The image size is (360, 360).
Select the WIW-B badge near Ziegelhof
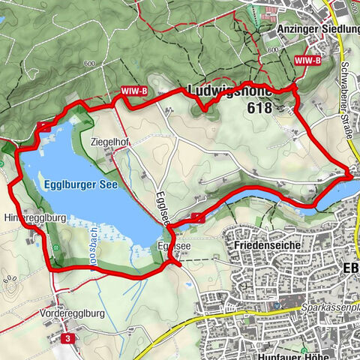click(133, 91)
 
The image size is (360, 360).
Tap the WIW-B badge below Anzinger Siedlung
click(309, 58)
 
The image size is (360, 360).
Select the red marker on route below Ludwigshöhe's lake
click(197, 217)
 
